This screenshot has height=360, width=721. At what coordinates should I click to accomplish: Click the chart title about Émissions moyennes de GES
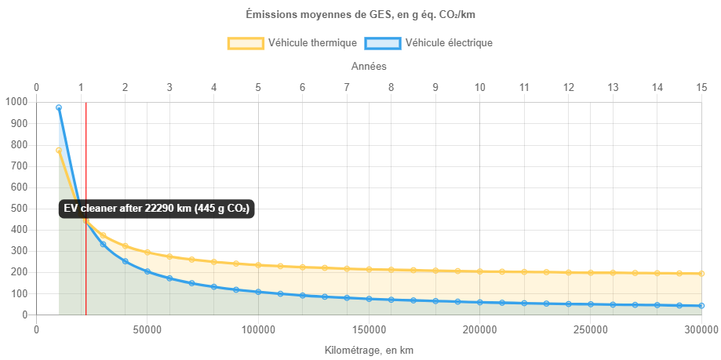pyautogui.click(x=360, y=14)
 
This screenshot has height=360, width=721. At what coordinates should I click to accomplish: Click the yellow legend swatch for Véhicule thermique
pyautogui.click(x=245, y=43)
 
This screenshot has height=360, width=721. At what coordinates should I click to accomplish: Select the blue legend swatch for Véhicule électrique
pyautogui.click(x=382, y=43)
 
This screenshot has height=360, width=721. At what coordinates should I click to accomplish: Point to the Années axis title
pyautogui.click(x=368, y=67)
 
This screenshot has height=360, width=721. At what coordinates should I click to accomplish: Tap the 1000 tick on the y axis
pyautogui.click(x=16, y=102)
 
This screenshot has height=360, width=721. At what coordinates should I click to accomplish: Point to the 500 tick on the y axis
pyautogui.click(x=18, y=209)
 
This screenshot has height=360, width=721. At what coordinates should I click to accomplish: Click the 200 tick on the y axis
pyautogui.click(x=18, y=273)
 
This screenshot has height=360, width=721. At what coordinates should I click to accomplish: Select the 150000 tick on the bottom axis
pyautogui.click(x=369, y=330)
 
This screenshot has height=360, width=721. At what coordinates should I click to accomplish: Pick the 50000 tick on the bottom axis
pyautogui.click(x=147, y=330)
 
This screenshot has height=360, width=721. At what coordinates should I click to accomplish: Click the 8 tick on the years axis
pyautogui.click(x=391, y=87)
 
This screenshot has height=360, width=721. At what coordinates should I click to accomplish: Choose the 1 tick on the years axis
pyautogui.click(x=81, y=87)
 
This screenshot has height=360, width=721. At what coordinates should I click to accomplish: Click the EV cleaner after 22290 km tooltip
pyautogui.click(x=156, y=209)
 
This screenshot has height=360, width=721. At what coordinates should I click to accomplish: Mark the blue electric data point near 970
pyautogui.click(x=59, y=107)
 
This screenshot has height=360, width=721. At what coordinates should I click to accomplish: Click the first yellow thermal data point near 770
pyautogui.click(x=59, y=150)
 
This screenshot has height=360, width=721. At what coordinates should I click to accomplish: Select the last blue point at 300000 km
pyautogui.click(x=702, y=306)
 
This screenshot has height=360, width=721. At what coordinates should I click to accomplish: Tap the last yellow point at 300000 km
pyautogui.click(x=702, y=274)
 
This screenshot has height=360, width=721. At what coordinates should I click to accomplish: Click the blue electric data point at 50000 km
pyautogui.click(x=147, y=271)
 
